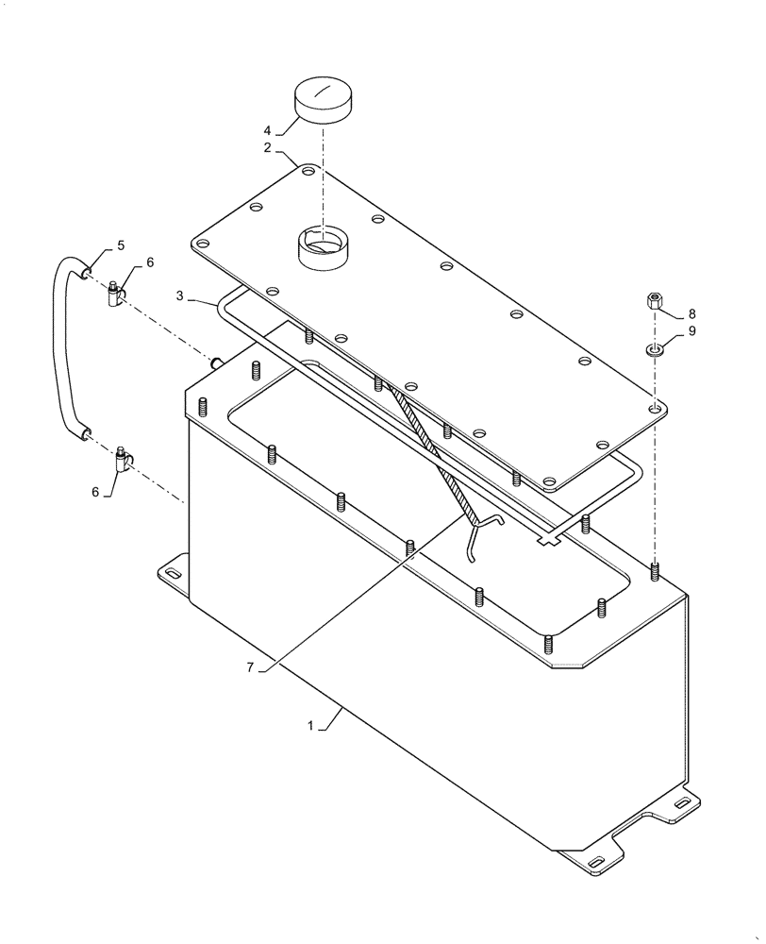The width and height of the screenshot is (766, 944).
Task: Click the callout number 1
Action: (x=309, y=726)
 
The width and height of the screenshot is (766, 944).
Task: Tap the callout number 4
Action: (x=267, y=130)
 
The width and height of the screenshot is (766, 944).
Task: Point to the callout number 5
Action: (x=120, y=246)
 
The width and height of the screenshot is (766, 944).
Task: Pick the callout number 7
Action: (x=251, y=666)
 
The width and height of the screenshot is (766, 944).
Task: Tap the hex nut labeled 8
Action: (x=653, y=303)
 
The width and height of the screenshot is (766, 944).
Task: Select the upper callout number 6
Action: (x=149, y=262)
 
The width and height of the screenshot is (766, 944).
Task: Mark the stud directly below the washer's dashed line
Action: (x=655, y=570)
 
